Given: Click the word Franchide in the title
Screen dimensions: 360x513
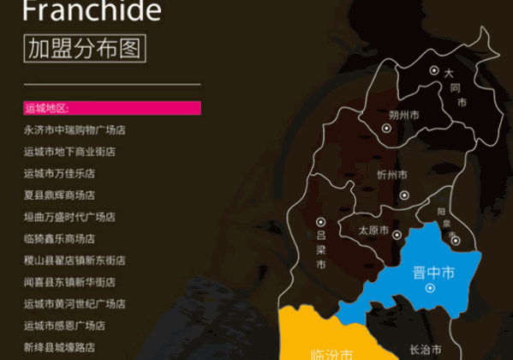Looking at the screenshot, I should pos(92,11).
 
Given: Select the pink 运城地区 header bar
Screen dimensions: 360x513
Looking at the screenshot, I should pos(112,108).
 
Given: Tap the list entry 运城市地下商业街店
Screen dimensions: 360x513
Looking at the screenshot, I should pos(69,152).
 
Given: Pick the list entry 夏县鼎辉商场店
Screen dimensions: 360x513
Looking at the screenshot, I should pos(59,195).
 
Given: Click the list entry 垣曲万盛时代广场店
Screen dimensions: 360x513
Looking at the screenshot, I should pos(69,217).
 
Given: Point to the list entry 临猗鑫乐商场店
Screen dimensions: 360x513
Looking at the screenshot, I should pos(59,238).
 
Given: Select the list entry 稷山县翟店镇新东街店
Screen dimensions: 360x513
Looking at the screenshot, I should pos(75,260).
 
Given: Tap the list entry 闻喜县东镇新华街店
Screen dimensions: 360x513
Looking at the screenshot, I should pos(69,282).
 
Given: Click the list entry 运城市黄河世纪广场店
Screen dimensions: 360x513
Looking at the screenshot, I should pos(75,303).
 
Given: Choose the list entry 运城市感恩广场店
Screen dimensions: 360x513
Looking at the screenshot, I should pos(64,326).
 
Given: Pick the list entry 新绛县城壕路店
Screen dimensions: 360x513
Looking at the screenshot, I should pos(59,347).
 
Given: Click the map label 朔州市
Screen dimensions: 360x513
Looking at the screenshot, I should pos(403,114).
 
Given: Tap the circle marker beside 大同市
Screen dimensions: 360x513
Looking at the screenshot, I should pos(434,71).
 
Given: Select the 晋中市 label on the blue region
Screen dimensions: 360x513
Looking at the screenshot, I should pos(432,273).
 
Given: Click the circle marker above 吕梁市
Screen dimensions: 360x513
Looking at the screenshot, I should pos(320,220).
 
